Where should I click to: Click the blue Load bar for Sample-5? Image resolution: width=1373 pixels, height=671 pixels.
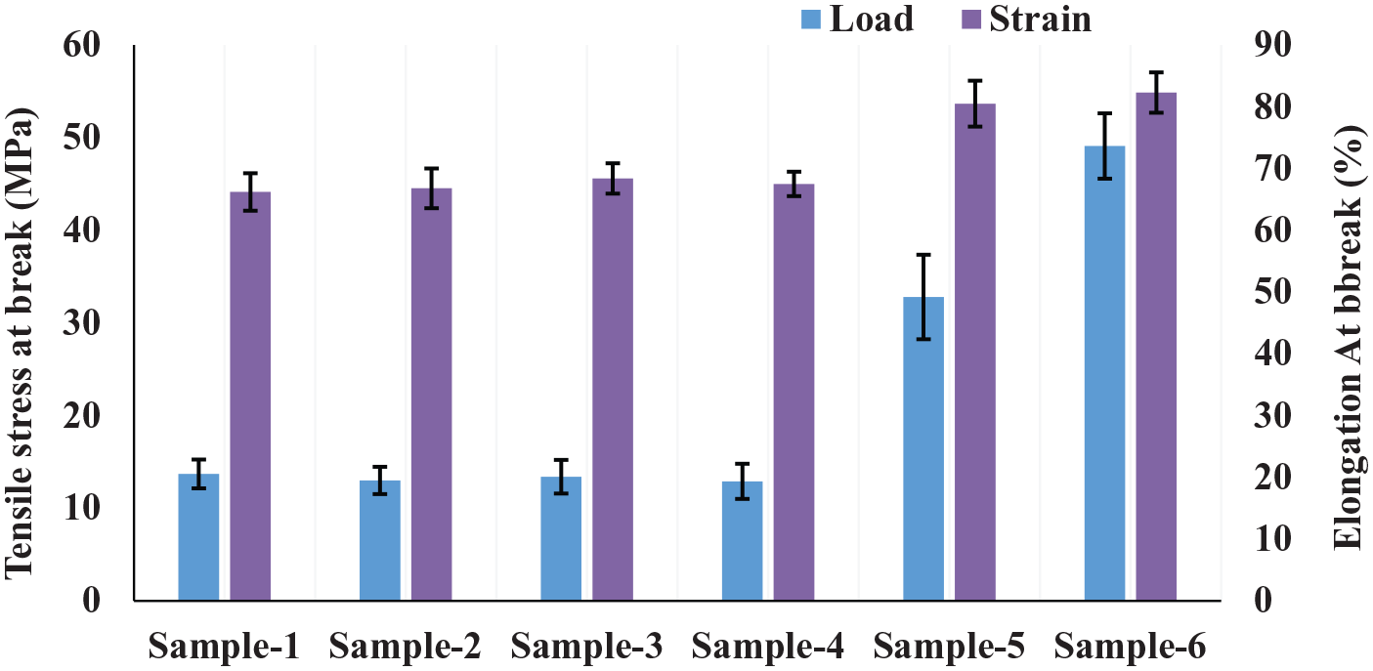tap(923, 448)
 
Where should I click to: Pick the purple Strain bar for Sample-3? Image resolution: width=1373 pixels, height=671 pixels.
tap(613, 390)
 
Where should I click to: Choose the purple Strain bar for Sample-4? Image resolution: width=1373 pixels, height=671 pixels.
tap(794, 392)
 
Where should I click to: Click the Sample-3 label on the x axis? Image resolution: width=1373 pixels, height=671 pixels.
tap(587, 646)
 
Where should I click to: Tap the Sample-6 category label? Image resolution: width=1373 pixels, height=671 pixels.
tap(1131, 646)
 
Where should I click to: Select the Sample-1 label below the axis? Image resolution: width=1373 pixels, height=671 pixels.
tap(225, 646)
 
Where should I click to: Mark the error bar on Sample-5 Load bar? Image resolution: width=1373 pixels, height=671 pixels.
tap(923, 296)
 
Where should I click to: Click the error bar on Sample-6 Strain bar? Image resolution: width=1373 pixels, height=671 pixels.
tap(1156, 93)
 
